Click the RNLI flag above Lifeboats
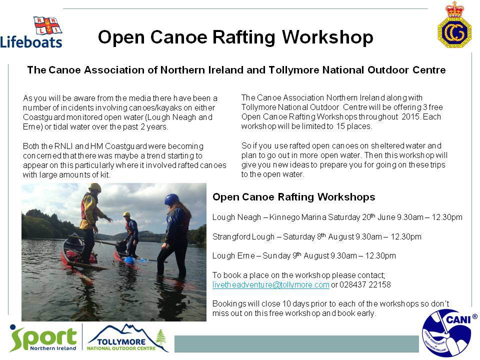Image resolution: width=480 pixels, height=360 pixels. [x=48, y=25]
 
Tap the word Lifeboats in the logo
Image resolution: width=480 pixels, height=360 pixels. [x=31, y=41]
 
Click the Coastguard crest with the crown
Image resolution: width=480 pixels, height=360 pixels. [x=454, y=24]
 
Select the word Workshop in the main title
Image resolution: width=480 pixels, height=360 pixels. [x=327, y=37]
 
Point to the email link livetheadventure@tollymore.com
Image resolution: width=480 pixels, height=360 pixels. [x=271, y=284]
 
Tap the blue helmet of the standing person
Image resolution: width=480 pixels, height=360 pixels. [x=171, y=199]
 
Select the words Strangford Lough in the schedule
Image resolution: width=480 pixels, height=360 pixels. [x=243, y=236]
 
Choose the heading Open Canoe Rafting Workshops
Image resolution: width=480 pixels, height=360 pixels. [x=294, y=197]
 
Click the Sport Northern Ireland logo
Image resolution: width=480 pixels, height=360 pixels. [x=43, y=338]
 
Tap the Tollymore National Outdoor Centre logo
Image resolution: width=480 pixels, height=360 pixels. [x=127, y=338]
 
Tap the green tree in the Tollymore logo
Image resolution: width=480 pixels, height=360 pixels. [x=161, y=337]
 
